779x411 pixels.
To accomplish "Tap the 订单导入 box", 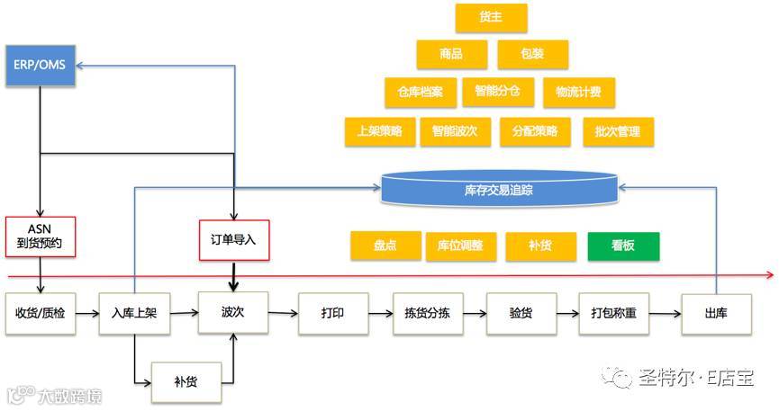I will pos(234,239).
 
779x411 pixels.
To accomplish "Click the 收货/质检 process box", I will pos(41,313).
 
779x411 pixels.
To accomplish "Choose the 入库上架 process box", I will pos(134,313).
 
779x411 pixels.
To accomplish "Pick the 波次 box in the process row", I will pos(233,313).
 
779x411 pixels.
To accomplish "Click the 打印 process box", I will pos(331,313).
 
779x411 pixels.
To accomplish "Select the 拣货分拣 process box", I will pos(427,313).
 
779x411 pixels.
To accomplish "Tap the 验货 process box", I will pos(521,313).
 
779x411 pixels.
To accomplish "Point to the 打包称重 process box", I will pos(613,313).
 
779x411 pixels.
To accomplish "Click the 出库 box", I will pos(716,313).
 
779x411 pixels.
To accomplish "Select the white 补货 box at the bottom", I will pos(186,381).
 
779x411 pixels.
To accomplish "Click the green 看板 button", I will pos(623,246).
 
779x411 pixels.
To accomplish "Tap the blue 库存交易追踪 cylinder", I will pos(499,190).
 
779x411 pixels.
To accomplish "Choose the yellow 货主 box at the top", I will pos(491,18).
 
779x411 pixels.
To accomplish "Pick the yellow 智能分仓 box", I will pos(497,91).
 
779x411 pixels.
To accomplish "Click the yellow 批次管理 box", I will pos(617,131).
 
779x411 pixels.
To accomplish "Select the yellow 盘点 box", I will pos(385,246).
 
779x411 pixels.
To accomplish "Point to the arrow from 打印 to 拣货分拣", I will pos(378,313).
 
